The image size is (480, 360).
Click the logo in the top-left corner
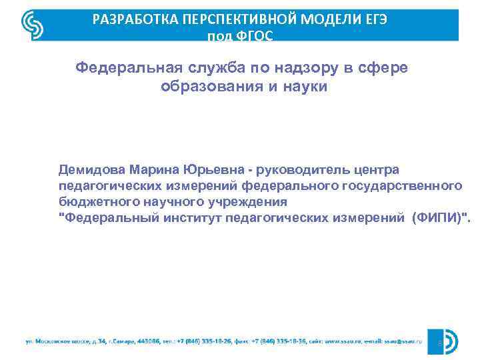[x=33, y=25]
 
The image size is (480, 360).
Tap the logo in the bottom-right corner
[x=443, y=342]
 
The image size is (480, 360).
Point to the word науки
[x=304, y=87]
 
